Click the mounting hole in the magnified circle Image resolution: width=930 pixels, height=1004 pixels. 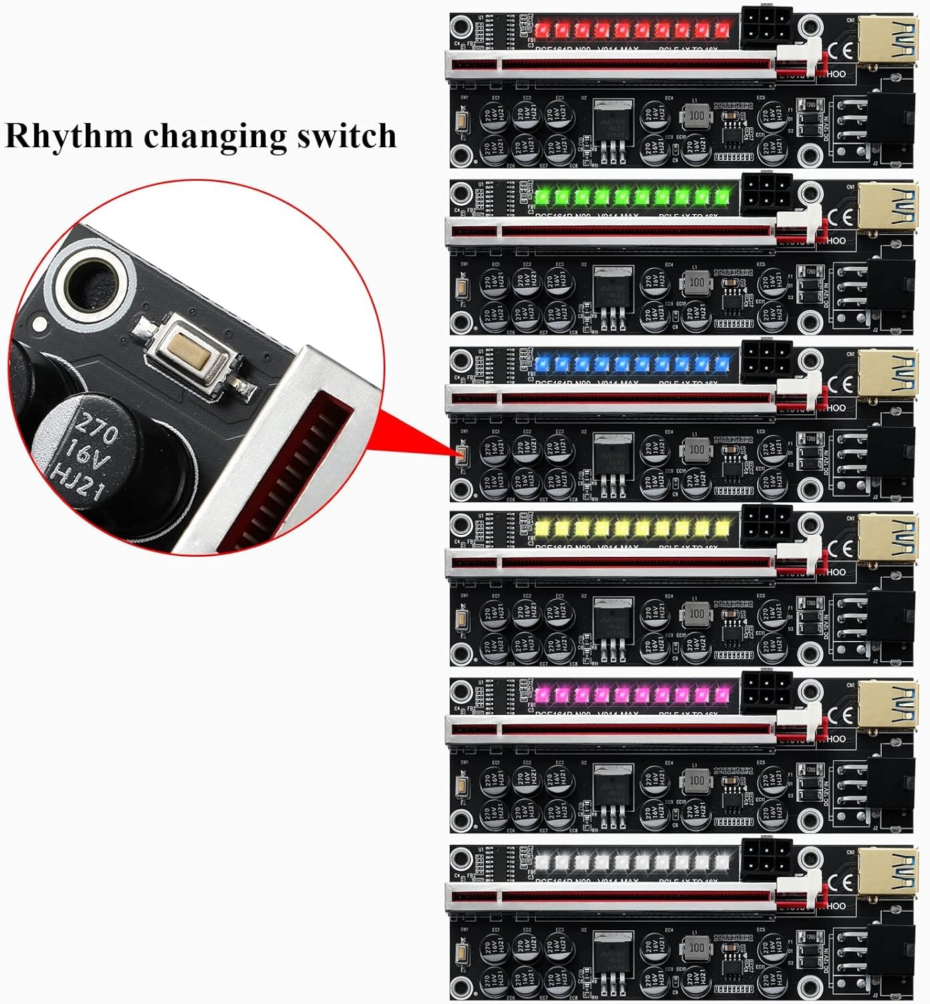[93, 286]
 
